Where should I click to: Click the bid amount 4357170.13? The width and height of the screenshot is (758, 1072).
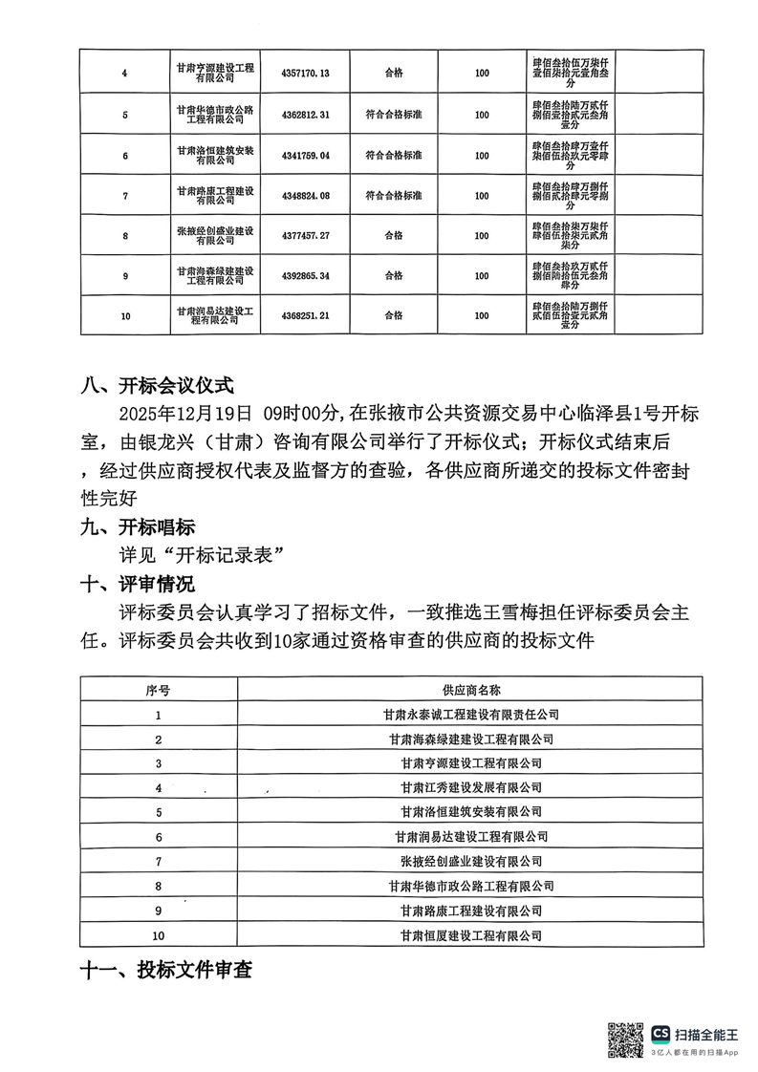[306, 73]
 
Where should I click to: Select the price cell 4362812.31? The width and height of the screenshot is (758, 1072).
[306, 115]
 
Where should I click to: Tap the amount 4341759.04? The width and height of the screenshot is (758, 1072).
[306, 155]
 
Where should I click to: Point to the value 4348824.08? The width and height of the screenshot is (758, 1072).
[306, 196]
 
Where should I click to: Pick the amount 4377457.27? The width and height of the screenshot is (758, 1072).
[306, 235]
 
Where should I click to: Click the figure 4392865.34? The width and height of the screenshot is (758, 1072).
[306, 275]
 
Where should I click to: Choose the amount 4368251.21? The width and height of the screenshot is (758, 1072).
[306, 315]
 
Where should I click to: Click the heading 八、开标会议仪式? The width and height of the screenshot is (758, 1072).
[157, 388]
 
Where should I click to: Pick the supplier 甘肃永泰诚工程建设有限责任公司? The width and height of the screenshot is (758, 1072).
[471, 714]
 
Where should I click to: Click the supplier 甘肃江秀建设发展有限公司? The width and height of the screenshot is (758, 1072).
[471, 788]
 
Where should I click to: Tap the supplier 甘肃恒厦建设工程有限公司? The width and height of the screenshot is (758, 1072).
[471, 935]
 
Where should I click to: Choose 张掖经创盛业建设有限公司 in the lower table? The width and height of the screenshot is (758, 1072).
[471, 862]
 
